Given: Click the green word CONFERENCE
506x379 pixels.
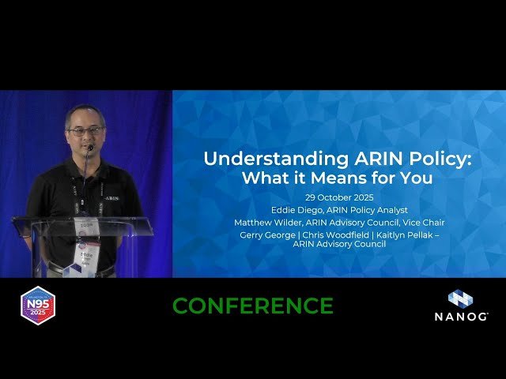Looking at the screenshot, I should [x=253, y=306].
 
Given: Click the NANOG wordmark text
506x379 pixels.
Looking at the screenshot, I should [x=461, y=317].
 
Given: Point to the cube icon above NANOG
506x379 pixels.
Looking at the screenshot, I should [x=460, y=299].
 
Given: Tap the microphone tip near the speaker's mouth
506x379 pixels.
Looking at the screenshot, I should [x=91, y=148].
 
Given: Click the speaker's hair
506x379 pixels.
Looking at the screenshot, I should [x=85, y=112].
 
